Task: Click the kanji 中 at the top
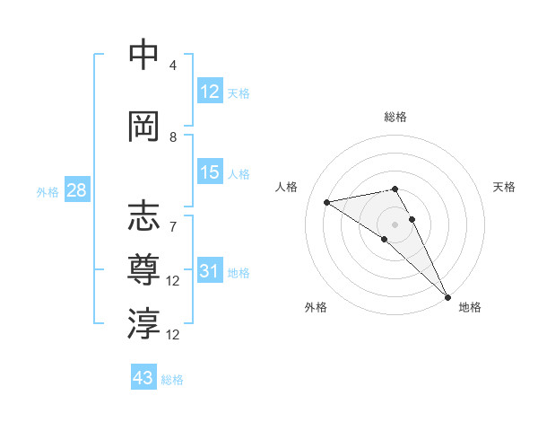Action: click(x=143, y=55)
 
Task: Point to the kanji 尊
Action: click(x=143, y=268)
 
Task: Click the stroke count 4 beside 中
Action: click(x=173, y=66)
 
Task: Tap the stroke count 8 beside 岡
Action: click(x=173, y=137)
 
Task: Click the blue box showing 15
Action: click(x=210, y=172)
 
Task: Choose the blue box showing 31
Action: click(x=210, y=271)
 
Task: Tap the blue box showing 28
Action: click(x=75, y=190)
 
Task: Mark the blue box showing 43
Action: click(x=143, y=378)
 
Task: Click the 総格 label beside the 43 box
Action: click(x=172, y=380)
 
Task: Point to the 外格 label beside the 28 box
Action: click(x=48, y=192)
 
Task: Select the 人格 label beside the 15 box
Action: click(x=239, y=174)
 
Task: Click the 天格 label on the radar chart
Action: click(x=504, y=187)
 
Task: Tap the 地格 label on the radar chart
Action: click(x=470, y=307)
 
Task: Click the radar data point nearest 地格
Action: click(x=447, y=295)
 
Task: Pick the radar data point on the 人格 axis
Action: click(x=327, y=202)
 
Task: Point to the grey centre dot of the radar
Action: click(x=395, y=224)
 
